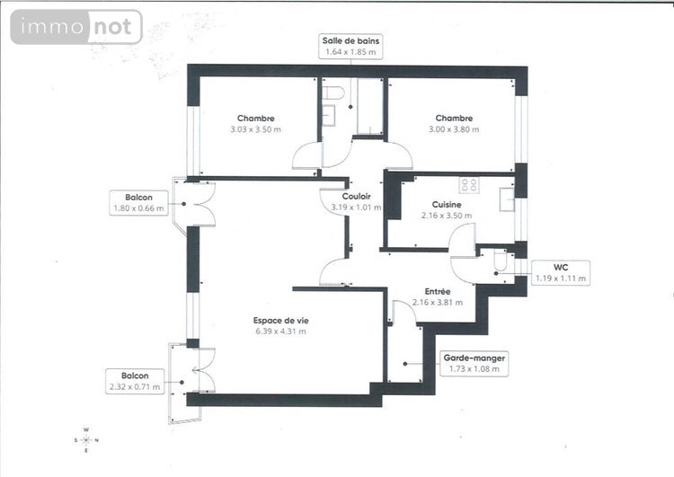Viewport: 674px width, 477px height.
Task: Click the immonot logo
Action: click(x=76, y=27)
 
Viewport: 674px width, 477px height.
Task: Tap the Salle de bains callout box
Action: click(x=351, y=47)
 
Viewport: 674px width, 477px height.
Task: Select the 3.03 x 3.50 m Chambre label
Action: click(x=256, y=124)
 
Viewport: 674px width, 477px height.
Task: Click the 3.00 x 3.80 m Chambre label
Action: click(x=454, y=124)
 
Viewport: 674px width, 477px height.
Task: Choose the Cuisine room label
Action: click(x=446, y=210)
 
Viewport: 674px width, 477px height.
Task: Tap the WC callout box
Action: click(x=559, y=273)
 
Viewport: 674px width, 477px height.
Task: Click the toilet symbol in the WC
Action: click(x=501, y=261)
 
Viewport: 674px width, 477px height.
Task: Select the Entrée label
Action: click(x=438, y=297)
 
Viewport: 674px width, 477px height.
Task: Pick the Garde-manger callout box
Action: click(x=476, y=363)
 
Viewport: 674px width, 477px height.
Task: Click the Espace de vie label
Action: click(x=281, y=326)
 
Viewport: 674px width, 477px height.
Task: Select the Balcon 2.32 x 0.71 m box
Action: click(x=135, y=381)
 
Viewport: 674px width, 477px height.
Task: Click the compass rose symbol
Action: click(x=85, y=439)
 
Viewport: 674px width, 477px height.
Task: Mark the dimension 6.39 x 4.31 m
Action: click(x=281, y=331)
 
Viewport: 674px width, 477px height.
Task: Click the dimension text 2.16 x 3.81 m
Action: click(x=438, y=303)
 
